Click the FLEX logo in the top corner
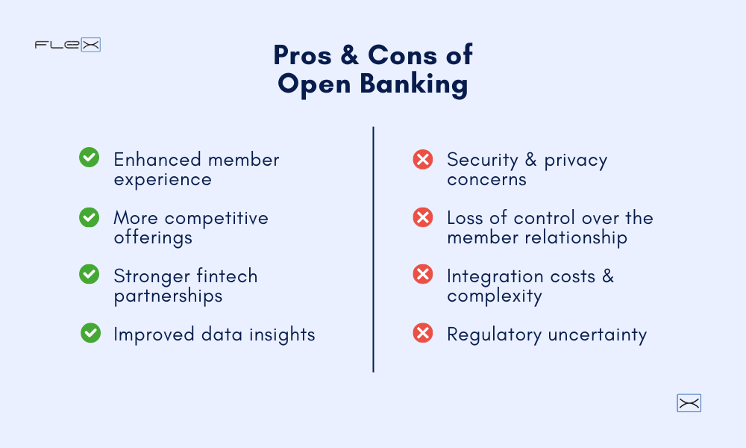pyautogui.click(x=67, y=45)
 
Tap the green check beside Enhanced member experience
pyautogui.click(x=90, y=158)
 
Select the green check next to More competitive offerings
pyautogui.click(x=90, y=217)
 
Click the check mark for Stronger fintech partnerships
pyautogui.click(x=90, y=275)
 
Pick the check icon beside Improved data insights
pyautogui.click(x=90, y=333)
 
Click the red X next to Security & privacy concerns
pyautogui.click(x=423, y=158)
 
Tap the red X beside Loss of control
pyautogui.click(x=423, y=217)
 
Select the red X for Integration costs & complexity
pyautogui.click(x=423, y=275)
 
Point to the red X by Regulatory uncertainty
pyautogui.click(x=423, y=333)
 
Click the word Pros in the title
pyautogui.click(x=301, y=55)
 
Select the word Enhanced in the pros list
pyautogui.click(x=157, y=160)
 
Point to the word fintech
pyautogui.click(x=226, y=276)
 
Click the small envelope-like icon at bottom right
pyautogui.click(x=689, y=403)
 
